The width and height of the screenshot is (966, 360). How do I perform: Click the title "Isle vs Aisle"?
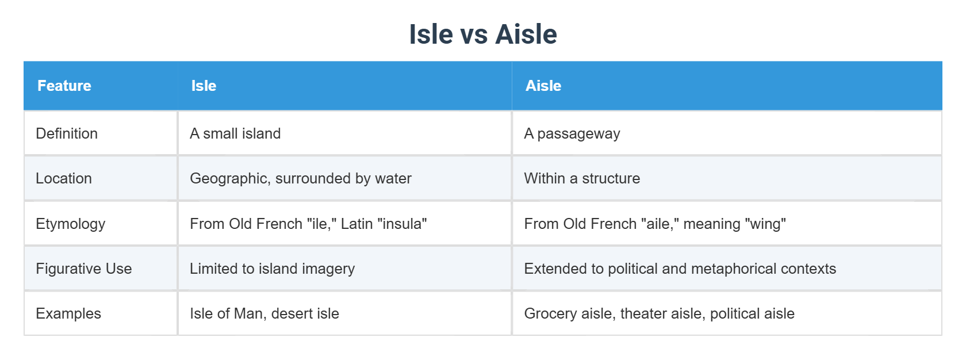coord(483,35)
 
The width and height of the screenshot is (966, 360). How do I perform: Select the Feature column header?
coord(64,86)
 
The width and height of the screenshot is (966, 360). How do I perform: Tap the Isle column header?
coord(204,86)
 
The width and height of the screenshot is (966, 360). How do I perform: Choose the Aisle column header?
coord(543,86)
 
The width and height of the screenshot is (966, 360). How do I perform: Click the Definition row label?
coord(67,133)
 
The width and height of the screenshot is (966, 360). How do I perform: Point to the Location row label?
coord(64,178)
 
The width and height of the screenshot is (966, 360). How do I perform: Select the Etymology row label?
coord(71,224)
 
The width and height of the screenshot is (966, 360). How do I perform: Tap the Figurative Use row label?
coord(84,269)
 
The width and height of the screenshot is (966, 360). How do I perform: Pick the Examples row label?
coord(68,313)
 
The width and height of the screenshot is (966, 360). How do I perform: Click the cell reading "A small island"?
coord(235,133)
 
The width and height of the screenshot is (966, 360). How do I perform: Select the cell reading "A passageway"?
coord(572,133)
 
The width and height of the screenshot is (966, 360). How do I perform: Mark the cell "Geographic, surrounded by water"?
coord(301,178)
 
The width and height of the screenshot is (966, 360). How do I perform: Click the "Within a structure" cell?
coord(582,178)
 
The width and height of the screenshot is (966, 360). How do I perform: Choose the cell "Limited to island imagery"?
coord(273,269)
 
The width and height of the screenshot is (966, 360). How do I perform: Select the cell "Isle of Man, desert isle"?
coord(264,313)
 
